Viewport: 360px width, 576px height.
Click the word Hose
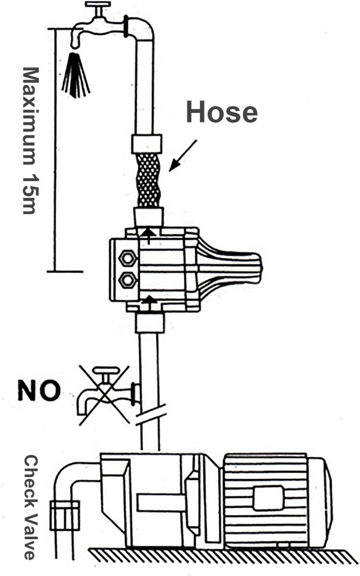(222, 112)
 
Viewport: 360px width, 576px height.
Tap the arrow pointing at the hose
(183, 156)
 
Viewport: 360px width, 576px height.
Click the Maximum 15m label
(31, 141)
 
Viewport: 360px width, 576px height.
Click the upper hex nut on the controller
(128, 258)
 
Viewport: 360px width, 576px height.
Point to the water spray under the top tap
(76, 75)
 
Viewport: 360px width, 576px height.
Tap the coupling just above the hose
(146, 144)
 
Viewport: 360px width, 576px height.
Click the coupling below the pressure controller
(150, 323)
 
